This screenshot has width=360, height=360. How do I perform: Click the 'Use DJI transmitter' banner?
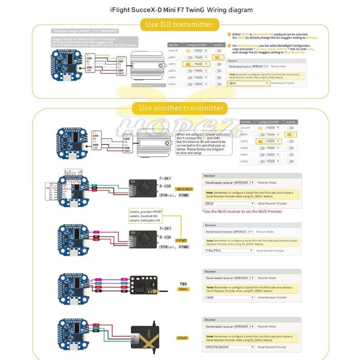tap(179, 24)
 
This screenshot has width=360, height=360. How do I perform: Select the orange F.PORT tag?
tap(182, 240)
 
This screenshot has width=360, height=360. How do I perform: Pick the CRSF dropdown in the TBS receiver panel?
tap(229, 297)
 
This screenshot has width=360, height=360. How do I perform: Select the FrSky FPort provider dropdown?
tap(229, 250)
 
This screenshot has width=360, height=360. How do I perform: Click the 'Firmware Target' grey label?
tap(85, 31)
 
